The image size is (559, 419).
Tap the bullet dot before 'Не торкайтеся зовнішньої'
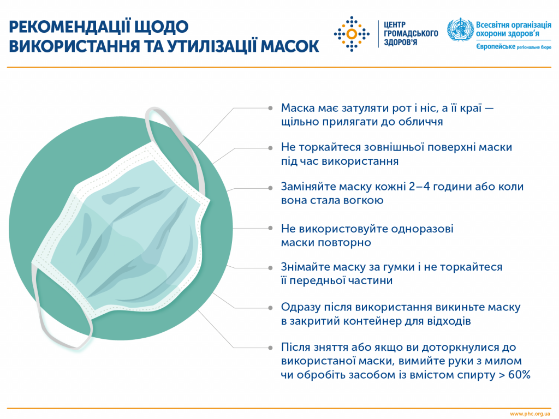pos(271,148)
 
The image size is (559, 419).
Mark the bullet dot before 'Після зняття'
pos(271,348)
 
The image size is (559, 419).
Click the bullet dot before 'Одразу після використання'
pos(271,307)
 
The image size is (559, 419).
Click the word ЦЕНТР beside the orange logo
pos(396,25)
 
